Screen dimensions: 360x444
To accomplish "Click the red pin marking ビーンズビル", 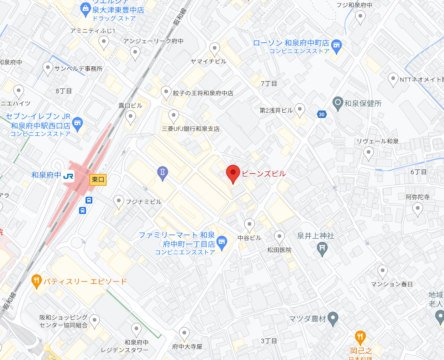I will [x=233, y=174].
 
